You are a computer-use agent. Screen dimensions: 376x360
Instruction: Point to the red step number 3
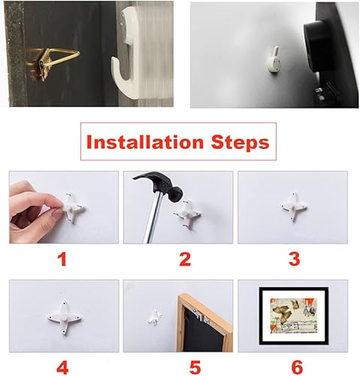point(293,259)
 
